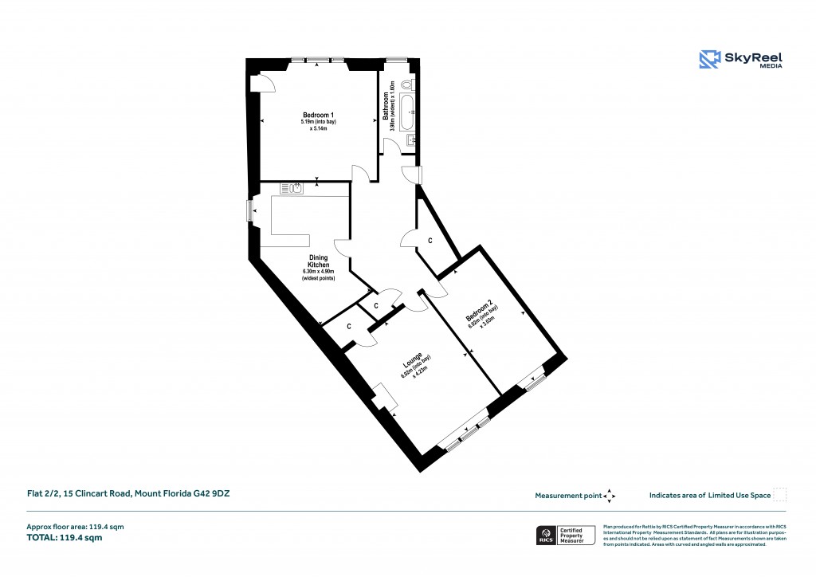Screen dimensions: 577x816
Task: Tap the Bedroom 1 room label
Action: tap(318, 113)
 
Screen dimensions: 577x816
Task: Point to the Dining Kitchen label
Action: tap(318, 261)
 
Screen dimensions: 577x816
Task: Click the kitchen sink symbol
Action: tap(292, 188)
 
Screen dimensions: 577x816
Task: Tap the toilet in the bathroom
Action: tap(407, 85)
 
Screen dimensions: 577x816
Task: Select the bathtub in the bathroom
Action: tap(407, 112)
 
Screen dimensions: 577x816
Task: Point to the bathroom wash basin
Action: tap(410, 141)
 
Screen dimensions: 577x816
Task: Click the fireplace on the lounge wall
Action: tap(383, 398)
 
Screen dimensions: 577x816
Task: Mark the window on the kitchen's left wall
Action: tap(249, 210)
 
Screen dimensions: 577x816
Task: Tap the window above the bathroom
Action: tap(396, 59)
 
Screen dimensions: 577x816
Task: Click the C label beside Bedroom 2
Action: tap(430, 240)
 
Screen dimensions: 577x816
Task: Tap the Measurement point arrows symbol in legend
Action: tap(610, 496)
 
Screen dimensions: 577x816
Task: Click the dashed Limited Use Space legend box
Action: tap(780, 495)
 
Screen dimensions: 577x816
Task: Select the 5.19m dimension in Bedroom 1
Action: tap(308, 121)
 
